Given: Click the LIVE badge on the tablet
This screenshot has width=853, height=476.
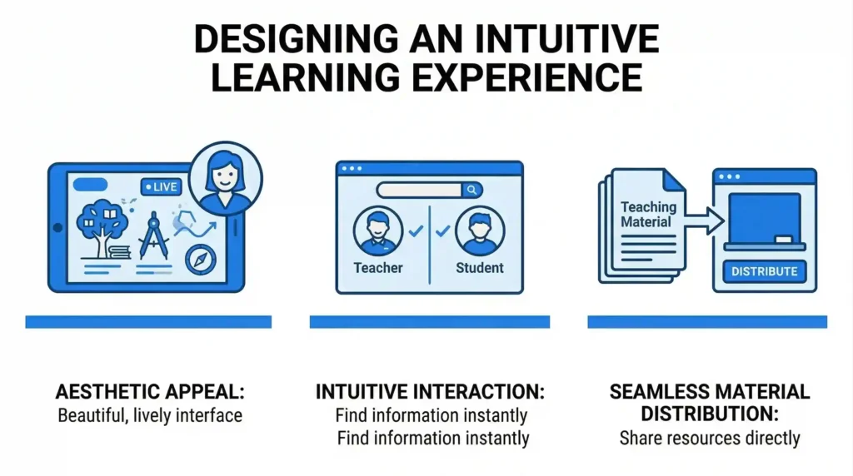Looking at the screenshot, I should pos(160,187).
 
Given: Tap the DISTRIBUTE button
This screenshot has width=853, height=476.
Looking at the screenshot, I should pos(765,270).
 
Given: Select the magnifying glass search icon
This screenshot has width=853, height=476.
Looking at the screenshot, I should pos(471,191).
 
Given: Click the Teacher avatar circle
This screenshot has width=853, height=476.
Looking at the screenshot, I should pos(377,231).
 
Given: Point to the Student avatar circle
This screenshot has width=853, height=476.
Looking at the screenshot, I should pos(480,231).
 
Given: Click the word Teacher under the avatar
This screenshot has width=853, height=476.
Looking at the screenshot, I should pos(378,268).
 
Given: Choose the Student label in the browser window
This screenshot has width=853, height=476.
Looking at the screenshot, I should pos(480,268).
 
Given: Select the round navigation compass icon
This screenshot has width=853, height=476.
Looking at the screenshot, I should pos(201,260).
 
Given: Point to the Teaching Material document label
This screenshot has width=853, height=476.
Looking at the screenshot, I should pos(647,215).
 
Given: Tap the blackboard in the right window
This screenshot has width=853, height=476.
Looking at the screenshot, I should pos(765,220).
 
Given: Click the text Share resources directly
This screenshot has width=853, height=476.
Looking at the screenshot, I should pos(709,438).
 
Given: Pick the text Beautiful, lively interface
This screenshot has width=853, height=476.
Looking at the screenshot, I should pos(150,415).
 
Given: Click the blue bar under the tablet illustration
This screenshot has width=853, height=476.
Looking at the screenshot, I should pos(148,321).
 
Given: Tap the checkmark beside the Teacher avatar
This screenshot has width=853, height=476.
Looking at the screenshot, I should pos(414,231).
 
